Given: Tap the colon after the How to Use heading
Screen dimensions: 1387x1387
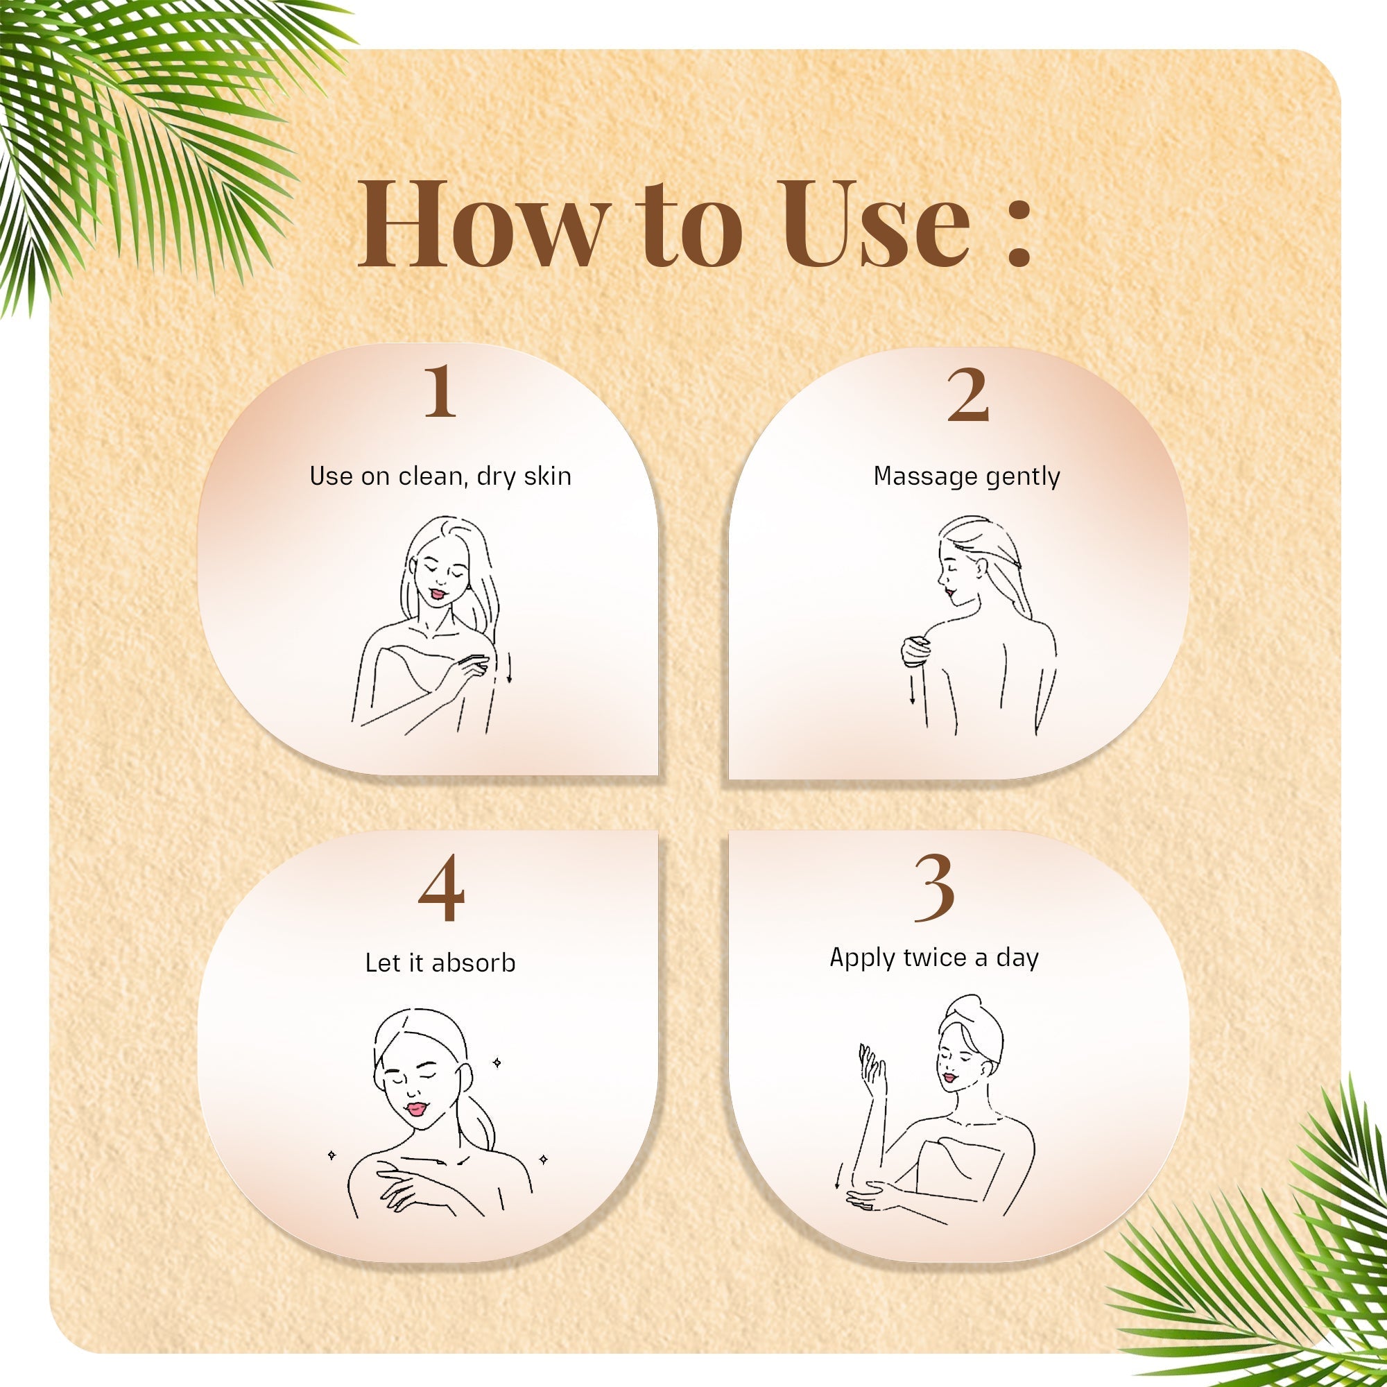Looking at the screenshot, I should coord(1019,232).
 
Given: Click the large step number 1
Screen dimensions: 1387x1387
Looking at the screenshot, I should coord(440,391).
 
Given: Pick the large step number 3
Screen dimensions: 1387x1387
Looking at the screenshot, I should coord(934,889).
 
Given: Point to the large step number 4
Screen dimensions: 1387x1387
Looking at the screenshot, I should coord(441,889).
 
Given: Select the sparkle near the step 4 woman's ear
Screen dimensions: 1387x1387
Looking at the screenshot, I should coord(496,1062).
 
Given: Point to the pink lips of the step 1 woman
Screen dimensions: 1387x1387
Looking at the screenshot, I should coord(437,594).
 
